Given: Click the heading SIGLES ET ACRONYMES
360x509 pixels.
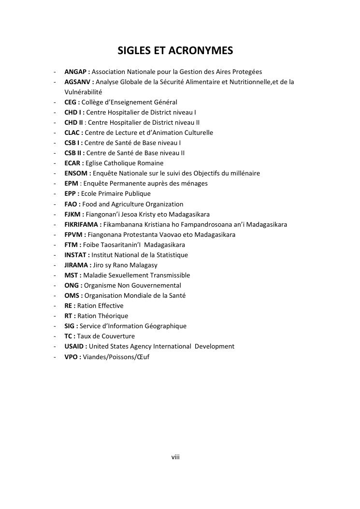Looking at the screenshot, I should point(175,51).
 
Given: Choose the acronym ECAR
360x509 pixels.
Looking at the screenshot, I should point(72,163).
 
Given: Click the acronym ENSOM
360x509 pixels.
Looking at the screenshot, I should point(76,173).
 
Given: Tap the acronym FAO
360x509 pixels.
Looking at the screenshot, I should point(71,204).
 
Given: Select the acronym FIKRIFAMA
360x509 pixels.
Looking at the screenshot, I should point(81,224).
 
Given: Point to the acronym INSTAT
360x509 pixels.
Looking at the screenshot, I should point(75,255).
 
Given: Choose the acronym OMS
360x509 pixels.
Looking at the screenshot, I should point(72,295).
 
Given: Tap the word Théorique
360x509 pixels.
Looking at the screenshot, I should point(113,316).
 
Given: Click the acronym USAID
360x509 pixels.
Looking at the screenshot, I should point(74,346).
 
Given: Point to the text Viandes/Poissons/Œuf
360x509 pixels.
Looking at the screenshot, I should point(116,356).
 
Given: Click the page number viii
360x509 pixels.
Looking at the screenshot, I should point(175,456).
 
